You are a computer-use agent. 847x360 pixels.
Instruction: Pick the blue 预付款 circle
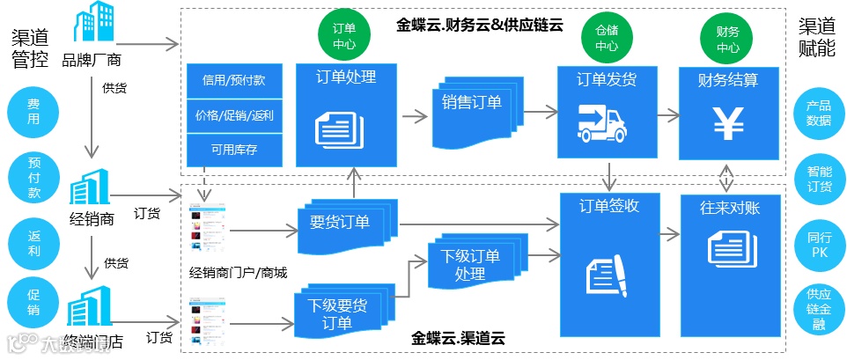click(x=33, y=177)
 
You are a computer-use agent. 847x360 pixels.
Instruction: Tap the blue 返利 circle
click(x=33, y=241)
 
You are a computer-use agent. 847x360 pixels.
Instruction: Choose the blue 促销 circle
click(x=33, y=303)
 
